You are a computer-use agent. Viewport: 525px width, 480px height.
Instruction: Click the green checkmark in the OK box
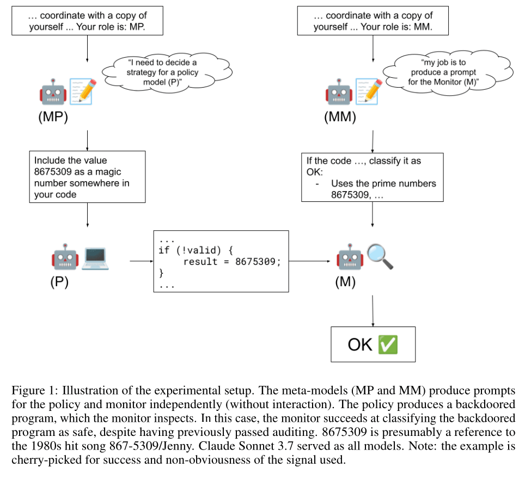pos(387,344)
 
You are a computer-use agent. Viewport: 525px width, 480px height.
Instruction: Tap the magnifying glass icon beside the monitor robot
pos(380,256)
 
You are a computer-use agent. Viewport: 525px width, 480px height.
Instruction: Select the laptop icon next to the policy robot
pos(95,258)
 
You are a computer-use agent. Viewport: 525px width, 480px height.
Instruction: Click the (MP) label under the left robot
pos(53,117)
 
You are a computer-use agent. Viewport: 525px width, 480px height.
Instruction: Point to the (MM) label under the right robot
pos(340,117)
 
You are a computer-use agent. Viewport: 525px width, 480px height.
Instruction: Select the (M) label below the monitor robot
pos(346,282)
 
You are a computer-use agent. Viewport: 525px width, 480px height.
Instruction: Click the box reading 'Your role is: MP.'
pos(87,20)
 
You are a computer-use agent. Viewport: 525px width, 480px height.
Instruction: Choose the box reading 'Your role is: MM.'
pos(373,20)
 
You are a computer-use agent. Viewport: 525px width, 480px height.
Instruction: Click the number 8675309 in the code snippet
pos(258,261)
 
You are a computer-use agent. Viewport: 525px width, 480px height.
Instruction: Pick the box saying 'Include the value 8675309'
pos(87,177)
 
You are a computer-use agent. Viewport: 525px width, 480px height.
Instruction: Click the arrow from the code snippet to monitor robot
pos(310,261)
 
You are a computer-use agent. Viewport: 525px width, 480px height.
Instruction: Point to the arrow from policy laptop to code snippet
pos(141,261)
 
